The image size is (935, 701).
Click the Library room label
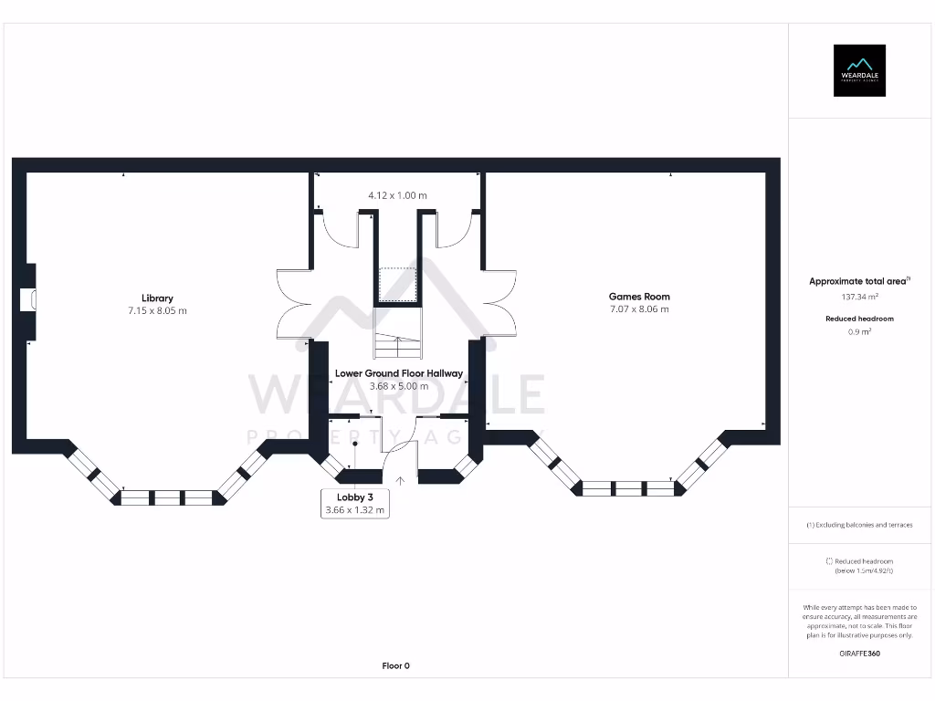(157, 298)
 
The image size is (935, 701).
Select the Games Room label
(639, 296)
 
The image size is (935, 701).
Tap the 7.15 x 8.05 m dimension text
(157, 311)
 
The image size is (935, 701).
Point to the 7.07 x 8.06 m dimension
(639, 309)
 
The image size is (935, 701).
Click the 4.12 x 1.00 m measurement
(397, 195)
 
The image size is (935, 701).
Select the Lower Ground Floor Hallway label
(398, 373)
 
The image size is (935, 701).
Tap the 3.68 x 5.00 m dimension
(398, 386)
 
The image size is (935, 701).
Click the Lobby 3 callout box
(355, 504)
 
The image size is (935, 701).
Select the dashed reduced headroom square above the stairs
(397, 283)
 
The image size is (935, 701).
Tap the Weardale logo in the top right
(859, 70)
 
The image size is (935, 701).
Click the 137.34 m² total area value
(858, 297)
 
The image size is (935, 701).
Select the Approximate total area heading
(858, 282)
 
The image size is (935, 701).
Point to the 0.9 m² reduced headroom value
(858, 332)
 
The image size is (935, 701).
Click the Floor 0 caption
(395, 666)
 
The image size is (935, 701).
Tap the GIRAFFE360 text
(859, 654)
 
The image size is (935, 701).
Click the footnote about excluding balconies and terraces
(859, 525)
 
